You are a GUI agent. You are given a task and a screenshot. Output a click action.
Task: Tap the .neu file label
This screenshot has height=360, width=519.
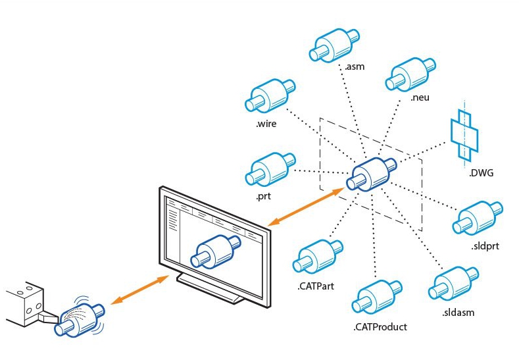pos(420,99)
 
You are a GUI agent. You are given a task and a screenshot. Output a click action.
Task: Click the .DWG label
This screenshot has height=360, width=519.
pos(482,174)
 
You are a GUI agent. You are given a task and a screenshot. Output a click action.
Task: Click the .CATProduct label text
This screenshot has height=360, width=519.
pos(380,326)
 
